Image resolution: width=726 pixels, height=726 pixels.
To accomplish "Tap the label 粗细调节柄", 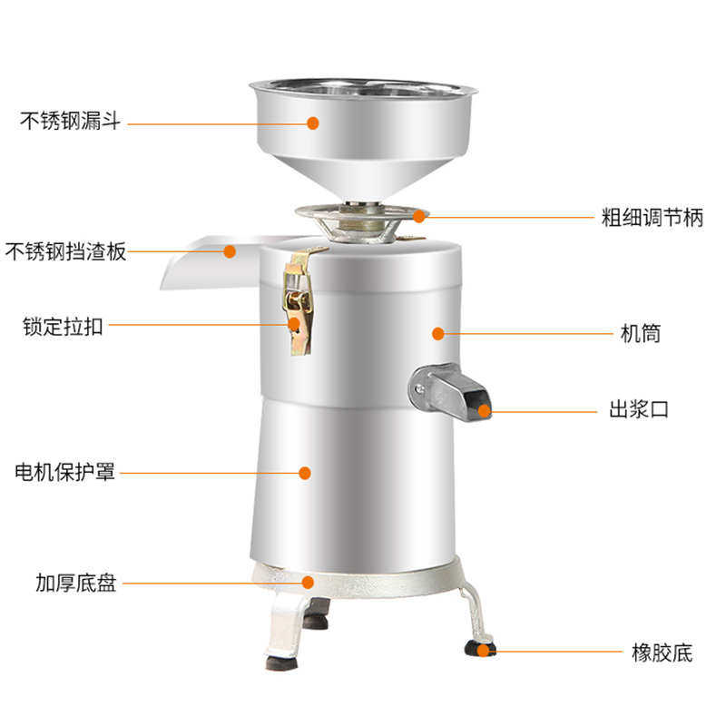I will (x=652, y=218).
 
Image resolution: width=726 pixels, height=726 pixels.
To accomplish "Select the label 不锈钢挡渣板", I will (x=65, y=251).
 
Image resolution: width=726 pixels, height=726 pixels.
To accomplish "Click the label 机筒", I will (x=640, y=334).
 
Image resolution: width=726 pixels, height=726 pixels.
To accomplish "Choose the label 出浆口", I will (x=639, y=409).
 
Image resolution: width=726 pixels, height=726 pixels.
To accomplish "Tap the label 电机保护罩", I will (x=65, y=472).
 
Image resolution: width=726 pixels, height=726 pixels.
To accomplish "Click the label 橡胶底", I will (x=662, y=651).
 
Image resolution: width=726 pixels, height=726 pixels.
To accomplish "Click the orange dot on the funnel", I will (x=312, y=122).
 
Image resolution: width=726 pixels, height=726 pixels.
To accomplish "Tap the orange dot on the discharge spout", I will (x=484, y=410).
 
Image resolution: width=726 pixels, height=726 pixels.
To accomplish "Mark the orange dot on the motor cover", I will (x=305, y=472).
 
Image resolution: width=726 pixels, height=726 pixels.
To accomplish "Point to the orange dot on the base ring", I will (x=308, y=583).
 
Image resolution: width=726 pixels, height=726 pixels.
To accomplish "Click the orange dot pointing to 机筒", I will (x=437, y=334).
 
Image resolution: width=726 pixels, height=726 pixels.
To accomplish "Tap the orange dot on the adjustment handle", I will (x=418, y=215).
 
